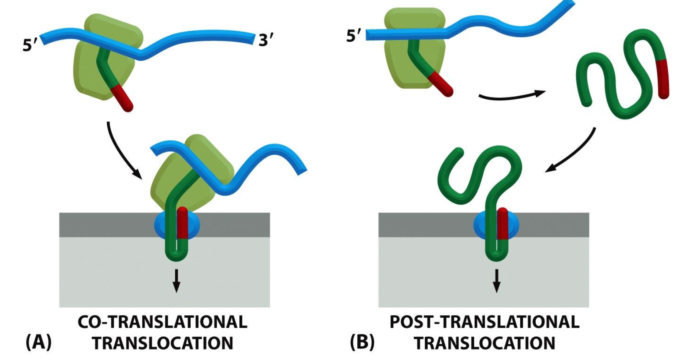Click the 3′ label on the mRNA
point(266,41)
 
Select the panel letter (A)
point(39,343)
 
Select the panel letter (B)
point(362,343)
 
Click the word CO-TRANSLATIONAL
point(162,322)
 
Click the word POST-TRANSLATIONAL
point(484,322)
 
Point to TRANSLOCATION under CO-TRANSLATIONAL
point(162,343)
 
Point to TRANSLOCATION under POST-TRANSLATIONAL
point(484,343)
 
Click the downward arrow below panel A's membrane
point(176,281)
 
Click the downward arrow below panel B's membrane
point(496,281)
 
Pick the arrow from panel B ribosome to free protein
point(512,96)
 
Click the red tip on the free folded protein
point(663,79)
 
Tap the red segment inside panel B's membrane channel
point(502,224)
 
